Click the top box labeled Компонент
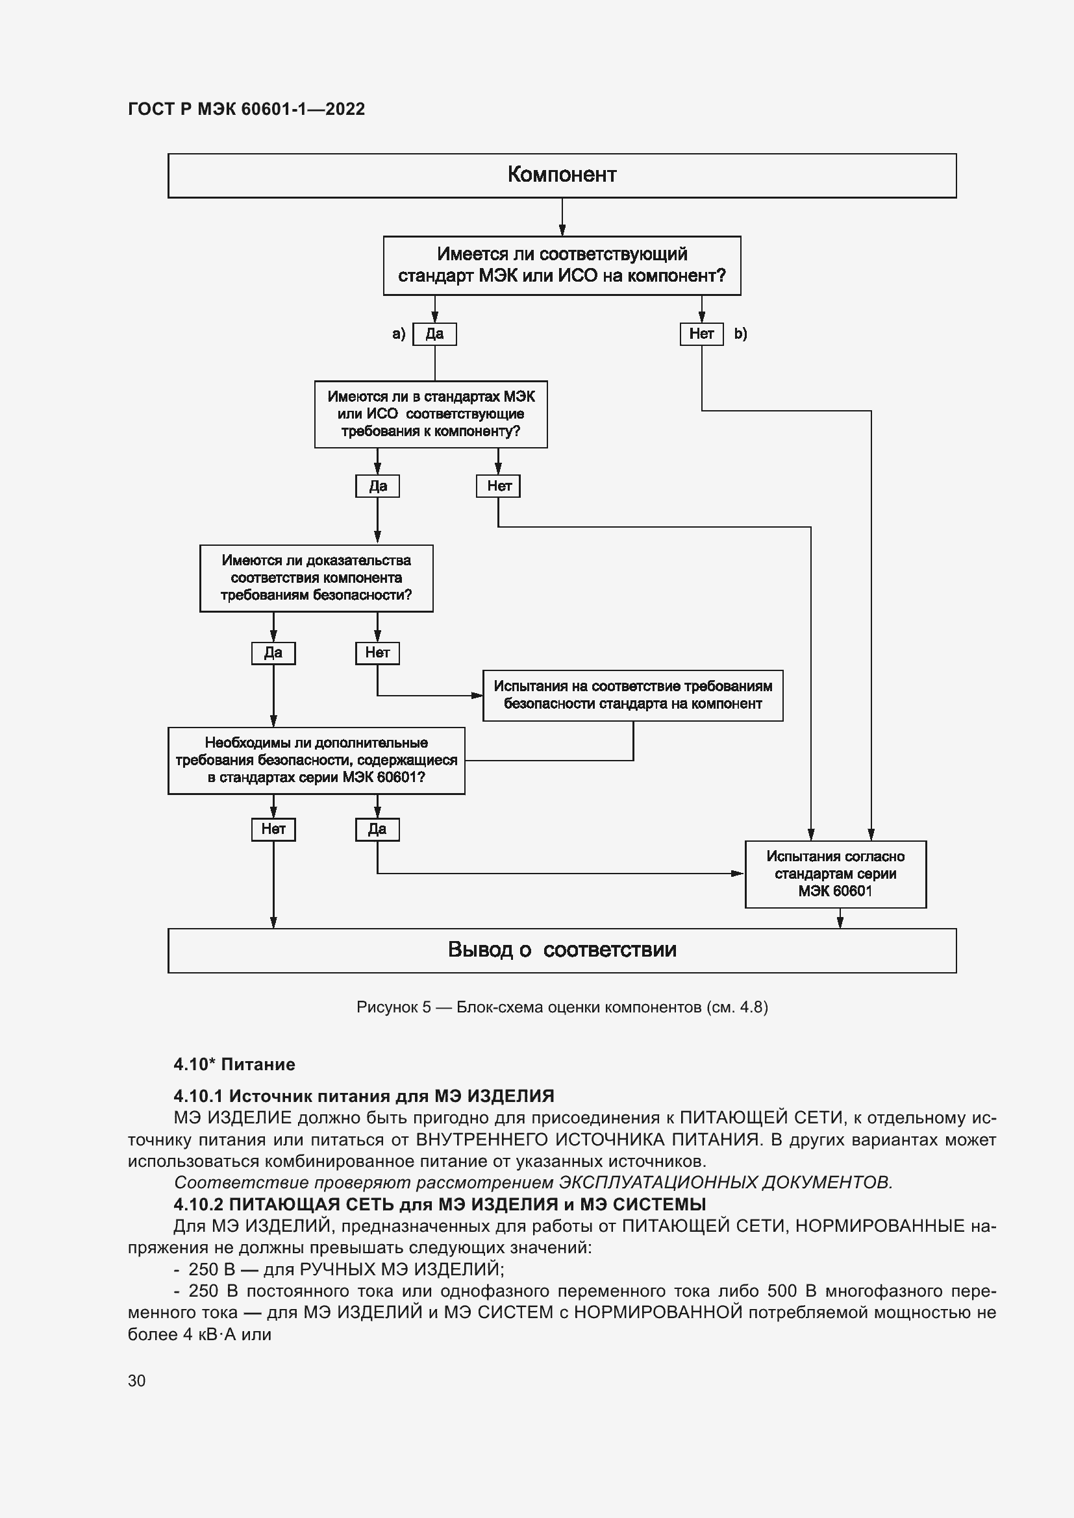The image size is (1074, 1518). coord(562,175)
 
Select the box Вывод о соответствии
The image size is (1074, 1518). coord(562,950)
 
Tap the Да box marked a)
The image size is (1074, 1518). coord(434,334)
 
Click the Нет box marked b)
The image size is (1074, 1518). coord(702,334)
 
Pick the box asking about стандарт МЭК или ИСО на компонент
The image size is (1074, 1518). coord(562,265)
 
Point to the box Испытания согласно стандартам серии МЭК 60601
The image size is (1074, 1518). coord(835,874)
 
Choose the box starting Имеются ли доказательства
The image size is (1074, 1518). coord(316,578)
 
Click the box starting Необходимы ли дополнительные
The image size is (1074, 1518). coord(316,761)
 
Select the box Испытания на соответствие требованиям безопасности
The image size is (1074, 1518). coord(632,695)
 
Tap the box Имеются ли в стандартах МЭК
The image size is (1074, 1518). coord(431,414)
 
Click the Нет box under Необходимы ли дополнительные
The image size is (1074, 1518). coord(273,829)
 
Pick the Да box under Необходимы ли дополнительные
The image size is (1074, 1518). coord(377,829)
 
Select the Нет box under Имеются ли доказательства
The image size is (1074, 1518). coord(377,652)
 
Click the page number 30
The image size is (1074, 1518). coord(137,1380)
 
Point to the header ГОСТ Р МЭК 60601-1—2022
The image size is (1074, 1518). coord(246,109)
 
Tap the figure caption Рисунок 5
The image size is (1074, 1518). coord(562,1007)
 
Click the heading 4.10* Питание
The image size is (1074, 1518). coord(234,1064)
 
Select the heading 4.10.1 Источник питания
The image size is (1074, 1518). coord(364,1096)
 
